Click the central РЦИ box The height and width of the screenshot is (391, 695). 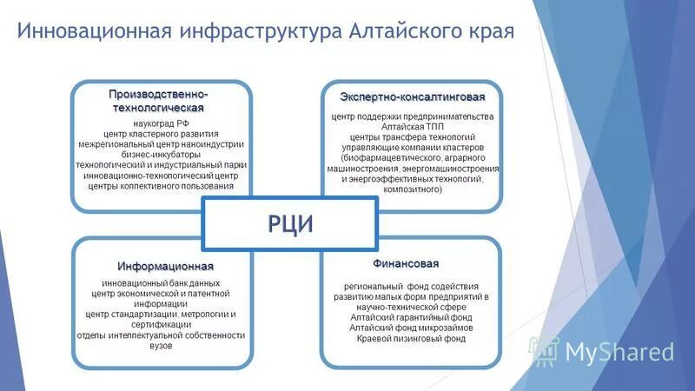point(290,223)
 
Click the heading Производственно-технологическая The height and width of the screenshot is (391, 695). point(158,100)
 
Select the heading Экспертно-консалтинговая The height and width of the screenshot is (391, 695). point(412,96)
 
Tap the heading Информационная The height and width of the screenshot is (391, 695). point(166,265)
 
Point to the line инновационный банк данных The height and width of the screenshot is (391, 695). point(161,283)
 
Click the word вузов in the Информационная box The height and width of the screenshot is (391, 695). point(161,346)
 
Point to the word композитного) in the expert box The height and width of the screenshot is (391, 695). point(412,189)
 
